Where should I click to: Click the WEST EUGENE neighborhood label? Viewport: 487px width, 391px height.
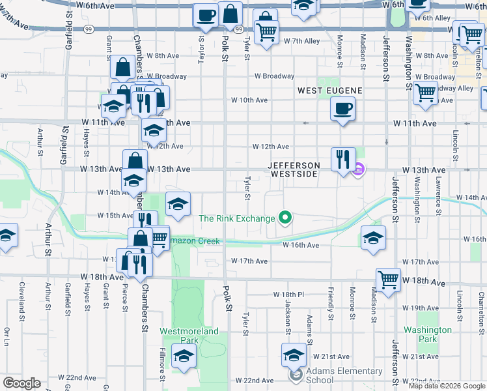pyautogui.click(x=329, y=90)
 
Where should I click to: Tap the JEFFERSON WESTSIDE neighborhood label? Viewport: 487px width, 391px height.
pyautogui.click(x=294, y=170)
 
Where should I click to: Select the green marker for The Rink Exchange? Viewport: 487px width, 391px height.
pyautogui.click(x=285, y=218)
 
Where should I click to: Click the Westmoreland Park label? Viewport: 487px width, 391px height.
pyautogui.click(x=179, y=335)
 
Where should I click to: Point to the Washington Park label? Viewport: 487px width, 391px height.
pyautogui.click(x=428, y=334)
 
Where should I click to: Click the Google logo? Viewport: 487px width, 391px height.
pyautogui.click(x=21, y=383)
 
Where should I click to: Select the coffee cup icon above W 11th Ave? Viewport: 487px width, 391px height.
pyautogui.click(x=342, y=109)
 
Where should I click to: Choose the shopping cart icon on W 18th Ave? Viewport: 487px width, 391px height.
pyautogui.click(x=388, y=281)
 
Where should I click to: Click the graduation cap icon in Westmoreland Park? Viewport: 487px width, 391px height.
pyautogui.click(x=184, y=357)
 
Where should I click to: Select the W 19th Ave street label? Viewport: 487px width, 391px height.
pyautogui.click(x=420, y=308)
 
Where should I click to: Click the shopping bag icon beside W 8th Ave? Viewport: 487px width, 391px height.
pyautogui.click(x=123, y=67)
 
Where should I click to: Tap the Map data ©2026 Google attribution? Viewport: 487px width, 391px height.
pyautogui.click(x=447, y=386)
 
